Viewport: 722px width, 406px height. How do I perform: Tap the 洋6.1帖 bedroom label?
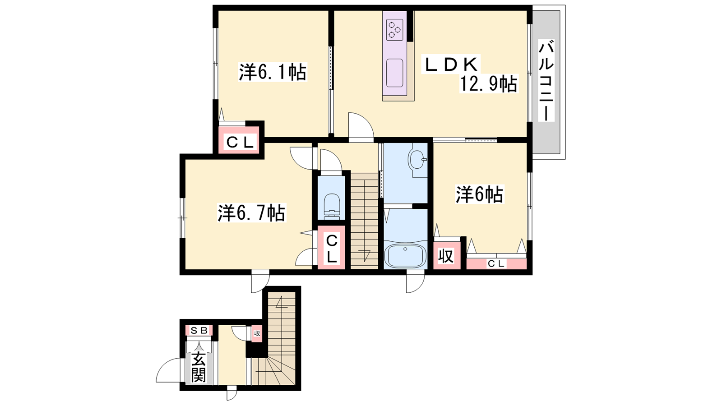tap(273, 73)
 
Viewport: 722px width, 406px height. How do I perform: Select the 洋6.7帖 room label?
tap(251, 213)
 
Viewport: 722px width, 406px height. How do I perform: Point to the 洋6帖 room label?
tap(479, 194)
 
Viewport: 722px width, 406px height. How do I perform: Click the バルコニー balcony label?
tap(546, 81)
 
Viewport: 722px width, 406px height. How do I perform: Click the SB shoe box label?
tap(199, 330)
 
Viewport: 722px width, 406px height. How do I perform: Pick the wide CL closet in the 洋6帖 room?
tap(496, 263)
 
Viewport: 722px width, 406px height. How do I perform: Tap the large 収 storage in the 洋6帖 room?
tap(446, 255)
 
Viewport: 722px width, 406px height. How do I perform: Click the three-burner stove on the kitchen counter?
tap(395, 30)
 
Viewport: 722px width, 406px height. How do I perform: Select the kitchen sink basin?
tap(394, 73)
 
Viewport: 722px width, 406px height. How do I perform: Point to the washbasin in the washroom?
tap(417, 160)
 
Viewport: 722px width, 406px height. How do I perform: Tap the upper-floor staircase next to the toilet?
tap(364, 221)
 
